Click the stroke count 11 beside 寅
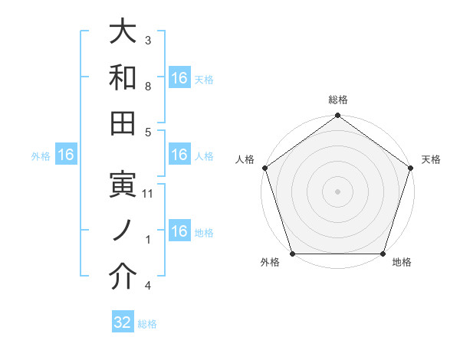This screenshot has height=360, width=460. (x=149, y=195)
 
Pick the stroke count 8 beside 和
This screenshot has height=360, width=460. (x=147, y=87)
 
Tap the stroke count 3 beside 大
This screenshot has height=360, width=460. (x=147, y=40)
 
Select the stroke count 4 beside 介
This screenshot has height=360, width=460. (x=147, y=286)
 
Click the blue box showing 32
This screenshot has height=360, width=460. (x=123, y=322)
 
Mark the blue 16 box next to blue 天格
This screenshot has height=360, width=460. (x=179, y=78)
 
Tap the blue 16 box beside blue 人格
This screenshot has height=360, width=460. (x=179, y=155)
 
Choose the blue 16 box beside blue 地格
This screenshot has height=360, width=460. (x=179, y=231)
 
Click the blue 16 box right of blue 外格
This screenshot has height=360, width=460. (x=66, y=155)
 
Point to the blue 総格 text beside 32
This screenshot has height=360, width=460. (x=147, y=324)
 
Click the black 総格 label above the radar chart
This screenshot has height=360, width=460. (x=338, y=100)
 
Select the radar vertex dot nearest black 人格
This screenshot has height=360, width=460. (x=264, y=168)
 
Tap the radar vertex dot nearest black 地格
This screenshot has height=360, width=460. (x=383, y=254)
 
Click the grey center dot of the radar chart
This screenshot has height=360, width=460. (x=338, y=191)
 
